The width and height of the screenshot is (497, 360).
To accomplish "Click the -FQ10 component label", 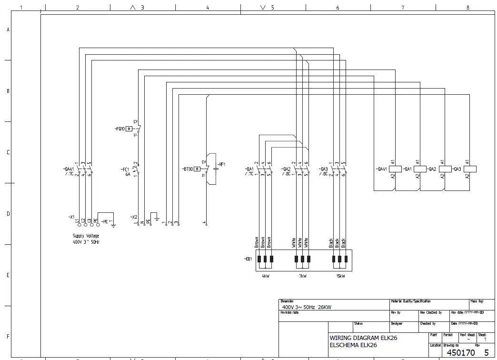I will tap(119, 129).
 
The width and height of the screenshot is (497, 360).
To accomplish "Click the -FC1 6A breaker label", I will tap(125, 171).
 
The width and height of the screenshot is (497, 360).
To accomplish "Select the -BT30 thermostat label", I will tap(187, 169).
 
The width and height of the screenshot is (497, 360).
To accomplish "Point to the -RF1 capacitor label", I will tap(221, 164).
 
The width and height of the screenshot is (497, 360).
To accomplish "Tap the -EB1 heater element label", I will tap(248, 259).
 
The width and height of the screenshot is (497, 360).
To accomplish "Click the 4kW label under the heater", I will tap(265, 276).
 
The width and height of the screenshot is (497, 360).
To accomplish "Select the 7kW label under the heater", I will tap(302, 276).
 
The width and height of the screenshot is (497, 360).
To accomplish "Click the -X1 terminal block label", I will tap(71, 217).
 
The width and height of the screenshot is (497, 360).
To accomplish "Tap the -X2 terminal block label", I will tap(134, 217).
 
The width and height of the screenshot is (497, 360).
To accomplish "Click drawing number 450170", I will tap(461, 353).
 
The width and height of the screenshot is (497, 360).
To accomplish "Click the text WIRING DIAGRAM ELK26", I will tap(363, 338).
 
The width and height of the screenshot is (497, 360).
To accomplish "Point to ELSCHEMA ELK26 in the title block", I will tap(353, 345).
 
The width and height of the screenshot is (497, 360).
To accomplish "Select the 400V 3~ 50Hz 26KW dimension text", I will tap(306, 307).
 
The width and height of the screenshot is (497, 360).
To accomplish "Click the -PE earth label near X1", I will tap(105, 221).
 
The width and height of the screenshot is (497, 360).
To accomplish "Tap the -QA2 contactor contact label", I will tap(286, 169).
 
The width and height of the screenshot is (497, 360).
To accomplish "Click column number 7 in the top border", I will tap(403, 8).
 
